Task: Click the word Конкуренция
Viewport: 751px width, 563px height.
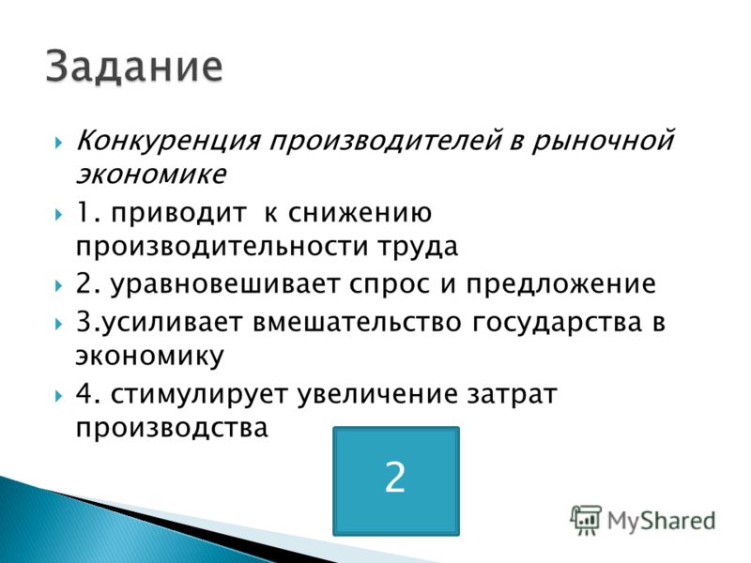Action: click(x=169, y=143)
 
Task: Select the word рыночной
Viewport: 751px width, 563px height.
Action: click(x=604, y=143)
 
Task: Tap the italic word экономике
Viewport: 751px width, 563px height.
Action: click(x=151, y=174)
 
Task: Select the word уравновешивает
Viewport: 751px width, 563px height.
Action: click(x=224, y=284)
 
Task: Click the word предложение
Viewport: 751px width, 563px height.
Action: click(x=560, y=285)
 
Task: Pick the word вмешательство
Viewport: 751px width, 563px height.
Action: click(x=357, y=322)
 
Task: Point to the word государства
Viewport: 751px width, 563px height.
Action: click(x=557, y=323)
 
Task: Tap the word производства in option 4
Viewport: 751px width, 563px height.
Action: click(x=172, y=429)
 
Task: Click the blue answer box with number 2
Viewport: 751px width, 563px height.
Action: click(x=396, y=480)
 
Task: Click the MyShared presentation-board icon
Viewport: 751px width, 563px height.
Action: click(x=586, y=521)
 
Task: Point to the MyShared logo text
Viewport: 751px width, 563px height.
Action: click(x=662, y=521)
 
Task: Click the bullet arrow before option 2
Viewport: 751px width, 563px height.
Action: click(x=58, y=286)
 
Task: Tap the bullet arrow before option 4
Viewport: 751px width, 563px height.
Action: click(x=58, y=396)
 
